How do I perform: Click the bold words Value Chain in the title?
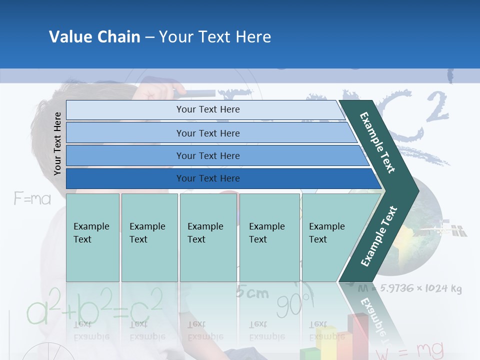click(94, 37)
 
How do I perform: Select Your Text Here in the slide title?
click(215, 37)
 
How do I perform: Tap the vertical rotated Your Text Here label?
click(57, 143)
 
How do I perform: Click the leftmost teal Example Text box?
click(92, 237)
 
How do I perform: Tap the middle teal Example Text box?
click(208, 237)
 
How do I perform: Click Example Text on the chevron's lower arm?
click(378, 236)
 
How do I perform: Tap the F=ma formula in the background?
click(32, 199)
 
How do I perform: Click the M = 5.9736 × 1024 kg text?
click(409, 289)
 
